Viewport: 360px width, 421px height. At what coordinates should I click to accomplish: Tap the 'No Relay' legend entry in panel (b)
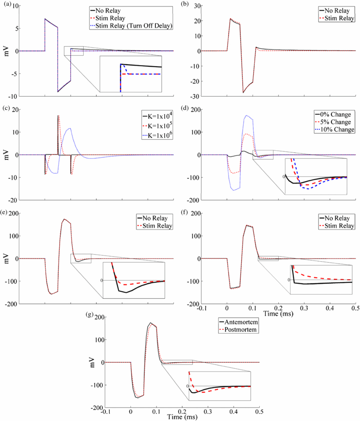pos(337,10)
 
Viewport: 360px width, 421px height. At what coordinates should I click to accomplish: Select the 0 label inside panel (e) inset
pos(102,280)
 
